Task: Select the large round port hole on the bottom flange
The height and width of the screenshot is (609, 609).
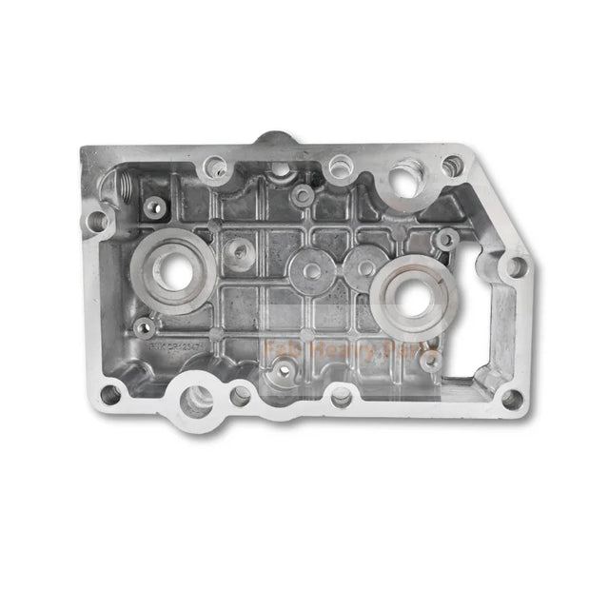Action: point(196,400)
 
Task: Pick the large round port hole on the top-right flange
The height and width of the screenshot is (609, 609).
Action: point(404,181)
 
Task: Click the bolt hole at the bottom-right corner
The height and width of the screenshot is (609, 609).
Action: point(512,399)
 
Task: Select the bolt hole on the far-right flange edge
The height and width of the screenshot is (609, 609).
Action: point(515,267)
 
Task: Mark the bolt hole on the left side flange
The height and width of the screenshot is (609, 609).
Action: point(96,222)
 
